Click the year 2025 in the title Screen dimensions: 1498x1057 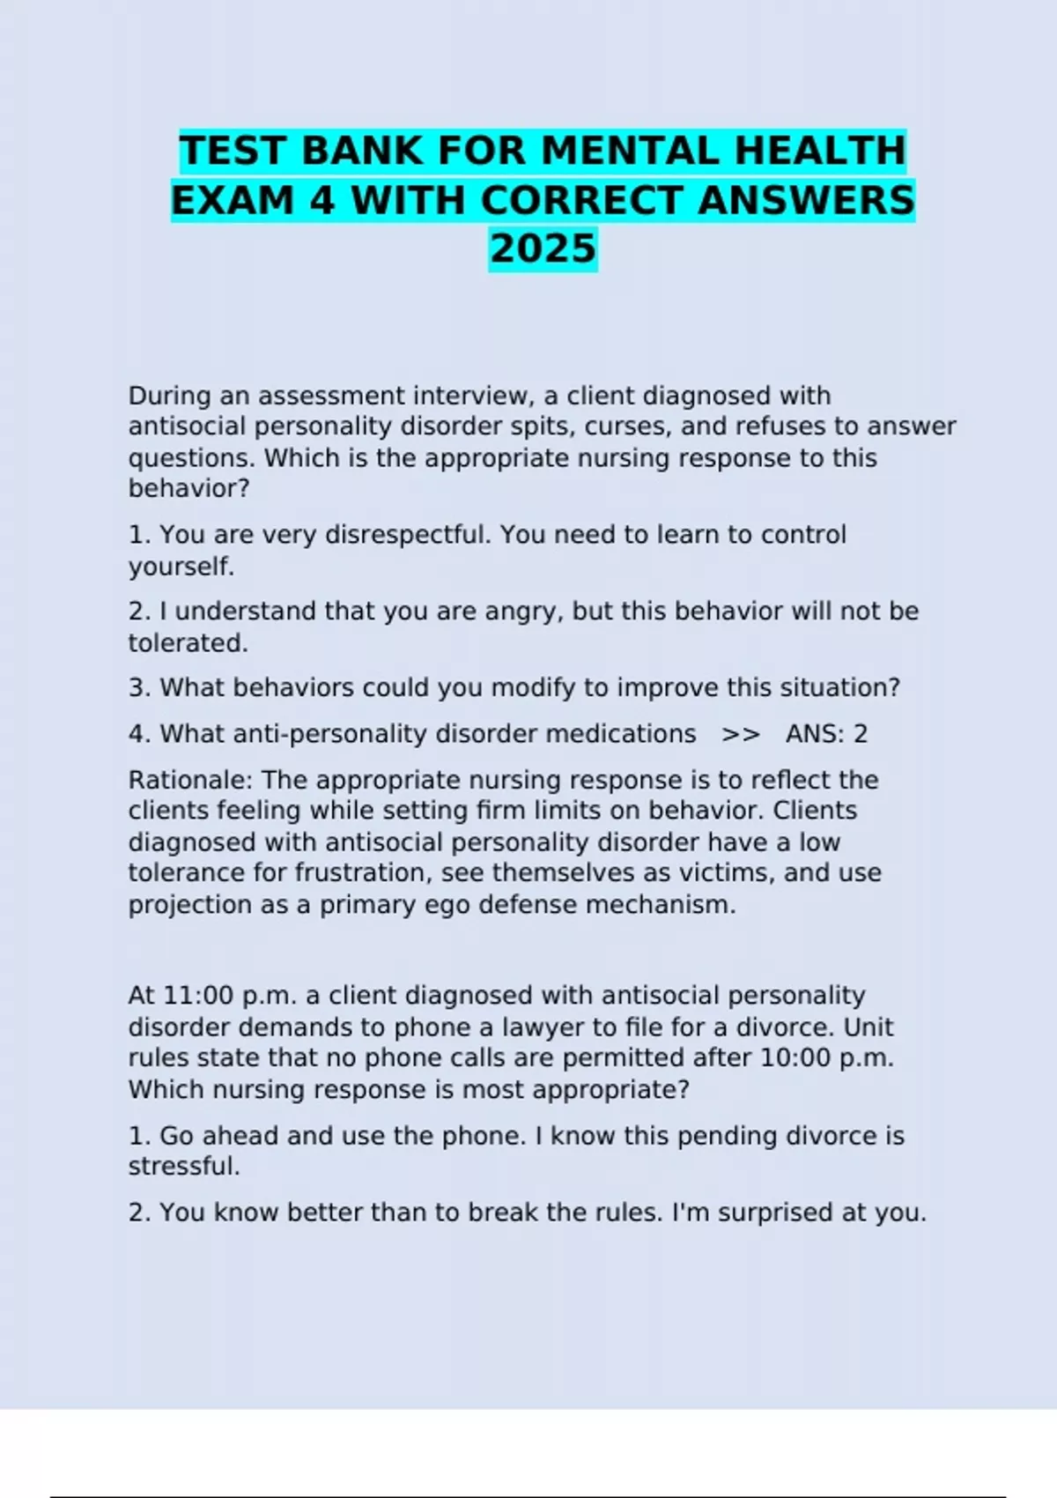pyautogui.click(x=543, y=248)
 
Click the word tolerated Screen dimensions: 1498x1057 pyautogui.click(x=188, y=643)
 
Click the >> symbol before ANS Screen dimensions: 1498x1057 pyautogui.click(x=740, y=734)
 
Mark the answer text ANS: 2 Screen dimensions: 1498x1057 pyautogui.click(x=826, y=734)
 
